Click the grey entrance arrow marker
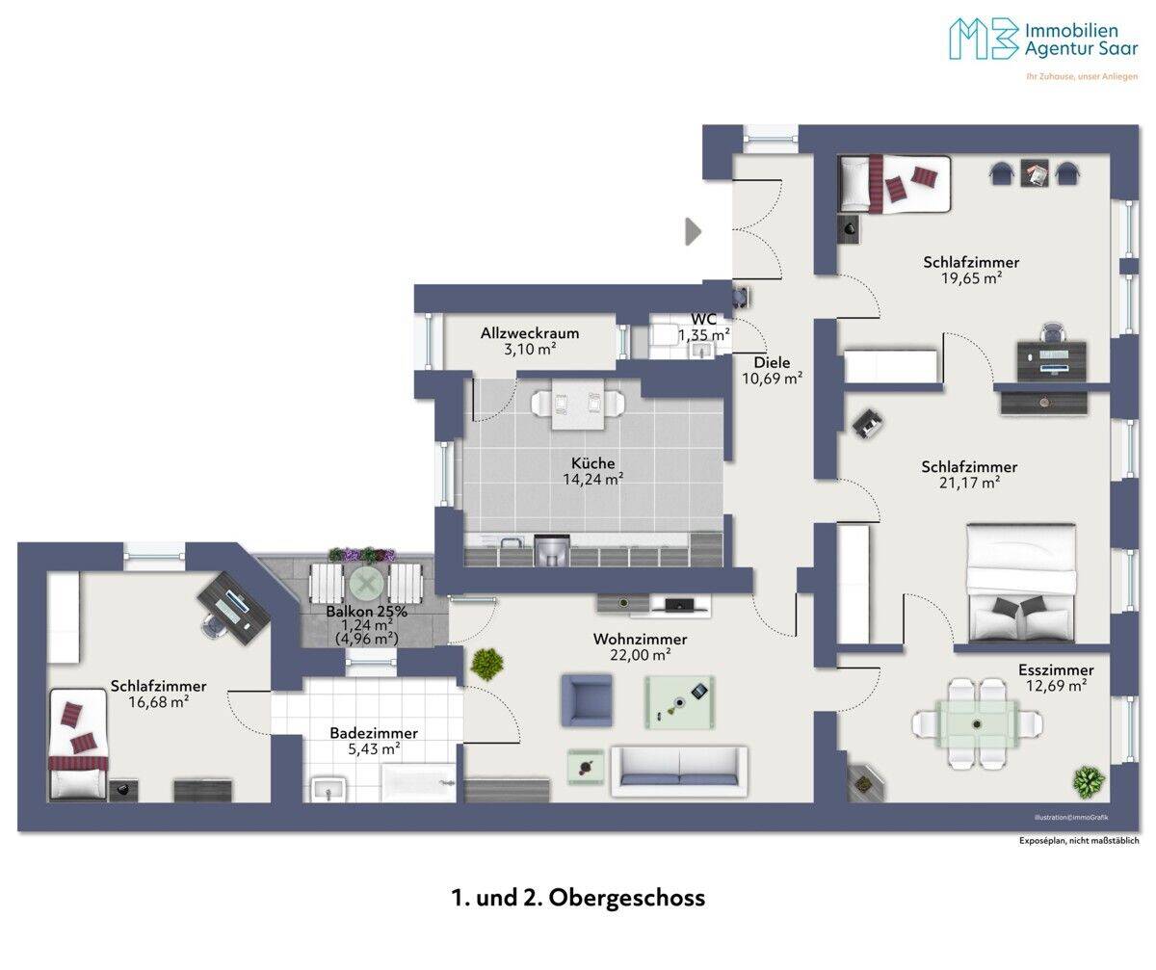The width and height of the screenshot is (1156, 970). point(693,231)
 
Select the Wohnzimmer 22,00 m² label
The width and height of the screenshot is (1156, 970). point(640,646)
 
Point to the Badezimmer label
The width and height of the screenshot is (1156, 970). point(374,732)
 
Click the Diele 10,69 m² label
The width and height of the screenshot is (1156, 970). point(772,371)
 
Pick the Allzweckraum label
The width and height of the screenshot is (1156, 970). point(530,333)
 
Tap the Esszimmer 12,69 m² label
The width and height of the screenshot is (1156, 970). point(1056,678)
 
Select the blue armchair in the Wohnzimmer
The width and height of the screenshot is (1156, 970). point(587,700)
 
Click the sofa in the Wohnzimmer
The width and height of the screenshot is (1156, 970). point(679,772)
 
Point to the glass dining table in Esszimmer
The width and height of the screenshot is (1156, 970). point(977,723)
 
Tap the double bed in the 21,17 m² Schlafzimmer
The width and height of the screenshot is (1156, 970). point(1021,583)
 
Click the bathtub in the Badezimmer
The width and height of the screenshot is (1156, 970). point(418,782)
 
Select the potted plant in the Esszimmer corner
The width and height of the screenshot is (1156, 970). point(1089,782)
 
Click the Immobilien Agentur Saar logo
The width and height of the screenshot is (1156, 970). point(1043,39)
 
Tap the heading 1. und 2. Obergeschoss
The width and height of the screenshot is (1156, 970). point(578,898)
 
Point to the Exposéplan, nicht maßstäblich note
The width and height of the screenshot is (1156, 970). point(1079,841)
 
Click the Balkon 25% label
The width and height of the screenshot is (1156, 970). point(366,612)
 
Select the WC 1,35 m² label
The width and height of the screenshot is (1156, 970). point(703,327)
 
